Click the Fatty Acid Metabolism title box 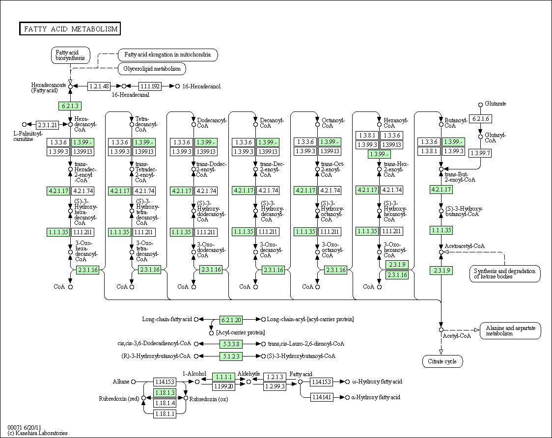70,29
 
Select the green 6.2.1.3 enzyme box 69,106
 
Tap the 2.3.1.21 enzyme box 48,125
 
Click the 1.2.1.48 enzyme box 99,86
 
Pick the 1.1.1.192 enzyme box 150,86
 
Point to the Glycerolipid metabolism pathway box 152,69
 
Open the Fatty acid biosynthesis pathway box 70,55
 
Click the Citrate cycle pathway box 442,361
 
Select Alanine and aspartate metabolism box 510,330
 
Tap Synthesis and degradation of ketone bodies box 504,274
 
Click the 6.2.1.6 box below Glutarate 480,119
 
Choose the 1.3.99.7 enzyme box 480,153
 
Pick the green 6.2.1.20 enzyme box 231,320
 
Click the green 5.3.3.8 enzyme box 231,344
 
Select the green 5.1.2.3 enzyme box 231,356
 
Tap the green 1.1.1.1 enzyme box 223,377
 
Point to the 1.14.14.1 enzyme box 321,397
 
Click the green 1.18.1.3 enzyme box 165,393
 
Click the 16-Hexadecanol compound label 201,86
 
